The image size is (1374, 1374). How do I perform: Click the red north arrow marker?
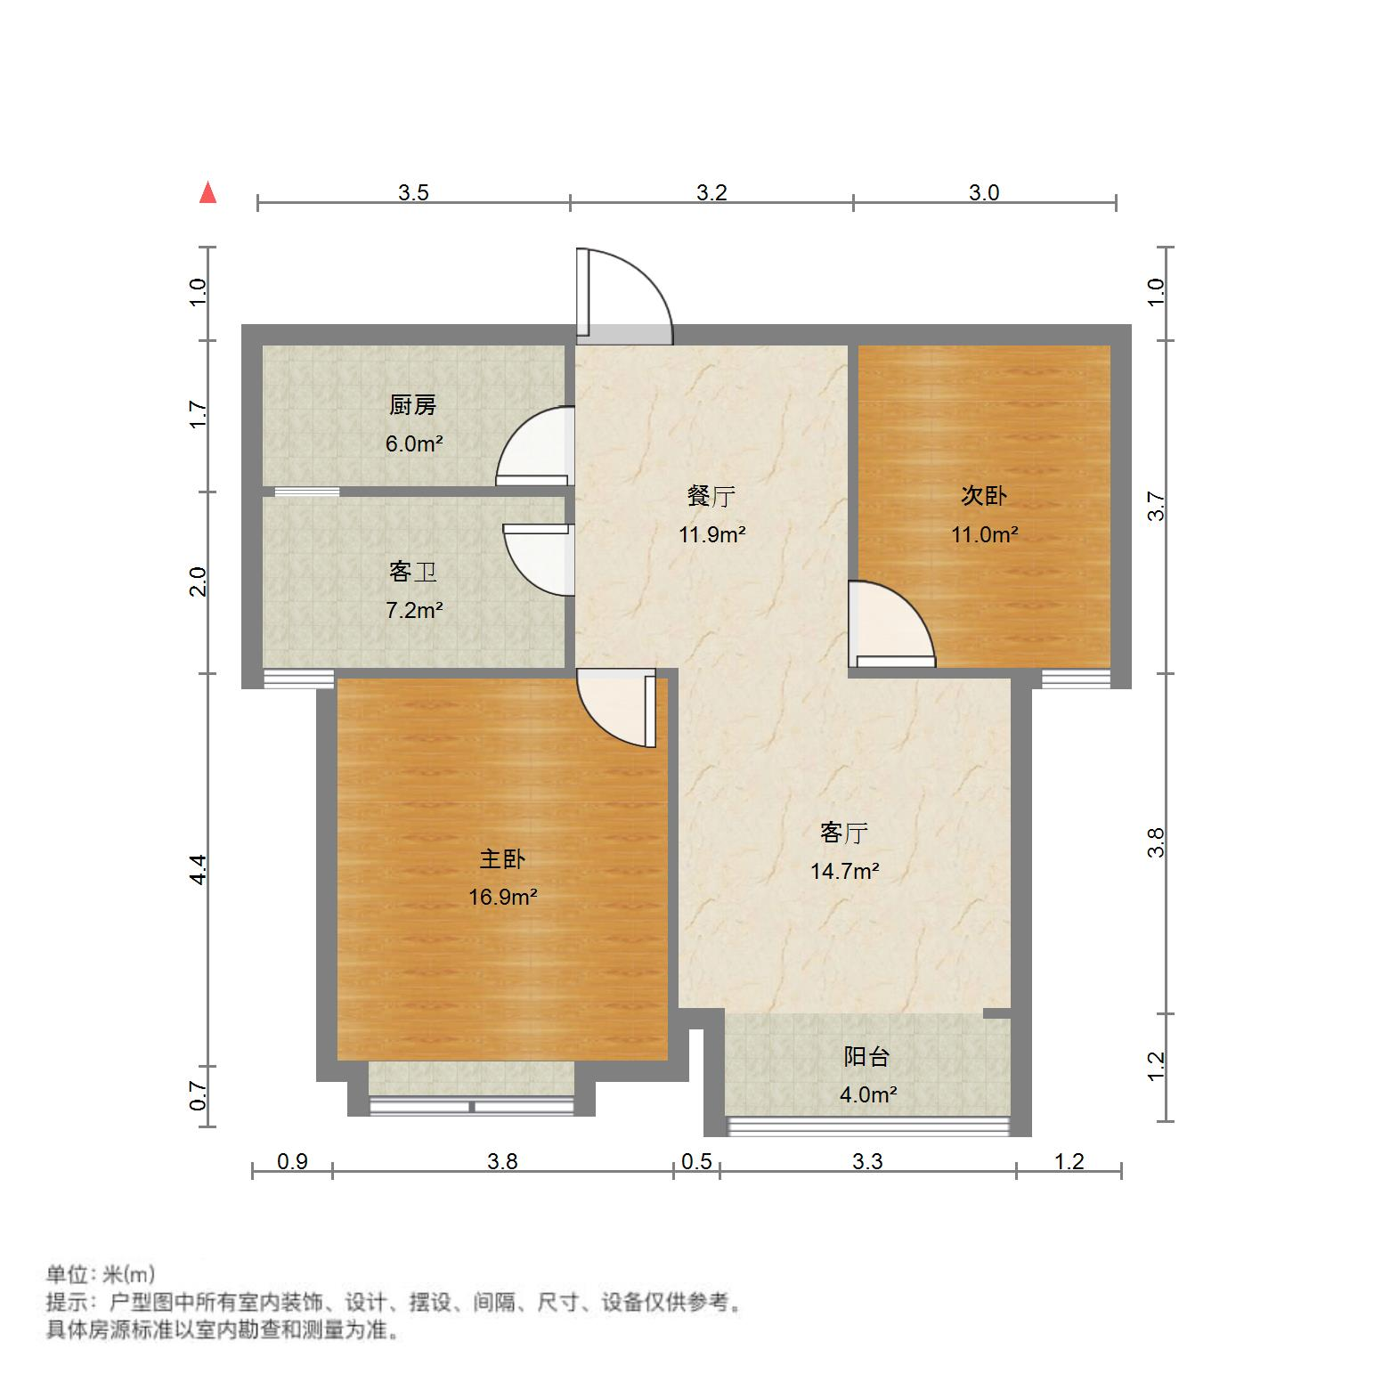click(207, 192)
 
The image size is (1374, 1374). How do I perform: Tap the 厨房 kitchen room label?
click(413, 406)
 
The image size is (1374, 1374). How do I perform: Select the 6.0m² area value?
click(414, 443)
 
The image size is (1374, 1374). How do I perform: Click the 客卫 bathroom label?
click(413, 572)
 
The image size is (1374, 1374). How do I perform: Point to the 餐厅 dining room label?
click(711, 496)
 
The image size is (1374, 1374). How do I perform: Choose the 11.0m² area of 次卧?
click(984, 534)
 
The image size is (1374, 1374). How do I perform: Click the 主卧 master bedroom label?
click(502, 858)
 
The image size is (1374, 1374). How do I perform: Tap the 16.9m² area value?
click(502, 897)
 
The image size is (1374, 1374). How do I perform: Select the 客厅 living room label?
click(844, 833)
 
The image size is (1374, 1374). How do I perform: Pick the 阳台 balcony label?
click(866, 1057)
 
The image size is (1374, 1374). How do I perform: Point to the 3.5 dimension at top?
click(413, 192)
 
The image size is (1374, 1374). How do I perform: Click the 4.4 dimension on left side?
click(199, 868)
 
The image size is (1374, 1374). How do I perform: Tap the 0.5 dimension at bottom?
click(696, 1161)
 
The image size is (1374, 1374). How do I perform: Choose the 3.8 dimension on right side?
click(1155, 842)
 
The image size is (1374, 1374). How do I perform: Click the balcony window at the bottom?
click(868, 1126)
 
